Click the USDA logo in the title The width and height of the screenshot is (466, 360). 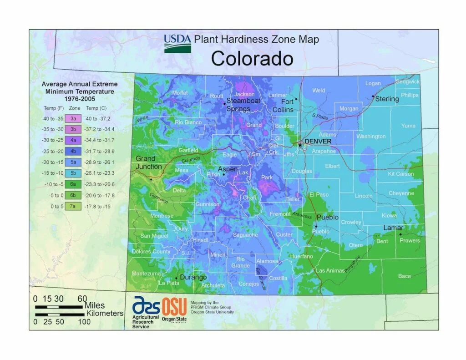177,43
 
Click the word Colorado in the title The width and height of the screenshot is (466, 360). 252,59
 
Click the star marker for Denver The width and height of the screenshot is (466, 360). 300,145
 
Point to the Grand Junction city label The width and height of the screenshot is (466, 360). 149,162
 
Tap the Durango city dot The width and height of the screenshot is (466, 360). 176,278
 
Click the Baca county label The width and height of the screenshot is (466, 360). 404,276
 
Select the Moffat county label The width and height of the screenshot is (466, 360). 180,93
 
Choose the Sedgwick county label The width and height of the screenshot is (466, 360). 407,82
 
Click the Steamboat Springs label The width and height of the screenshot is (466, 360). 243,105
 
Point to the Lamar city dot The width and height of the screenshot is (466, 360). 400,234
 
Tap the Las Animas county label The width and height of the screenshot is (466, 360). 330,270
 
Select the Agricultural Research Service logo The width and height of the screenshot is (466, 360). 146,312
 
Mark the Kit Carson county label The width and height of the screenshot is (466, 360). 400,174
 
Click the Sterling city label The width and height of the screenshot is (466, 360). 387,99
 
